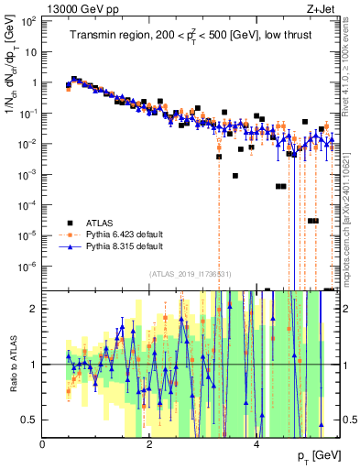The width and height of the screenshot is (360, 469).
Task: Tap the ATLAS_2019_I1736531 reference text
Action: click(x=191, y=274)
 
